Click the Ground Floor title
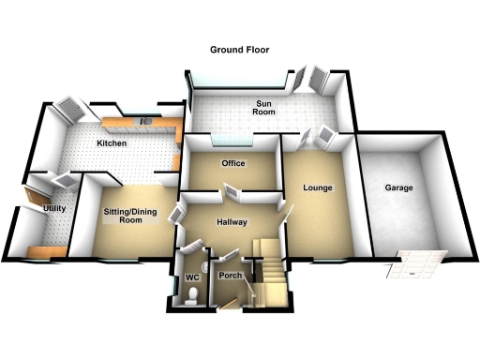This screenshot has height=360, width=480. (x=240, y=49)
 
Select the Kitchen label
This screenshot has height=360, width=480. (x=112, y=143)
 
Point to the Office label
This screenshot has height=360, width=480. (x=232, y=164)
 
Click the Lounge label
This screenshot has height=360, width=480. (x=318, y=188)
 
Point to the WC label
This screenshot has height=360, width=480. (x=191, y=278)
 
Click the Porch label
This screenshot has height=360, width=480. (x=231, y=277)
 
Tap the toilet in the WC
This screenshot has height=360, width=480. (x=191, y=299)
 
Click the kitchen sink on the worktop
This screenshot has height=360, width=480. (x=147, y=122)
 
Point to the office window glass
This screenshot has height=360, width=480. (x=232, y=142)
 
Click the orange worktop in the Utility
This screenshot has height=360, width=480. (x=45, y=249)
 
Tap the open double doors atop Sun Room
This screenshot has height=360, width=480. (x=311, y=80)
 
